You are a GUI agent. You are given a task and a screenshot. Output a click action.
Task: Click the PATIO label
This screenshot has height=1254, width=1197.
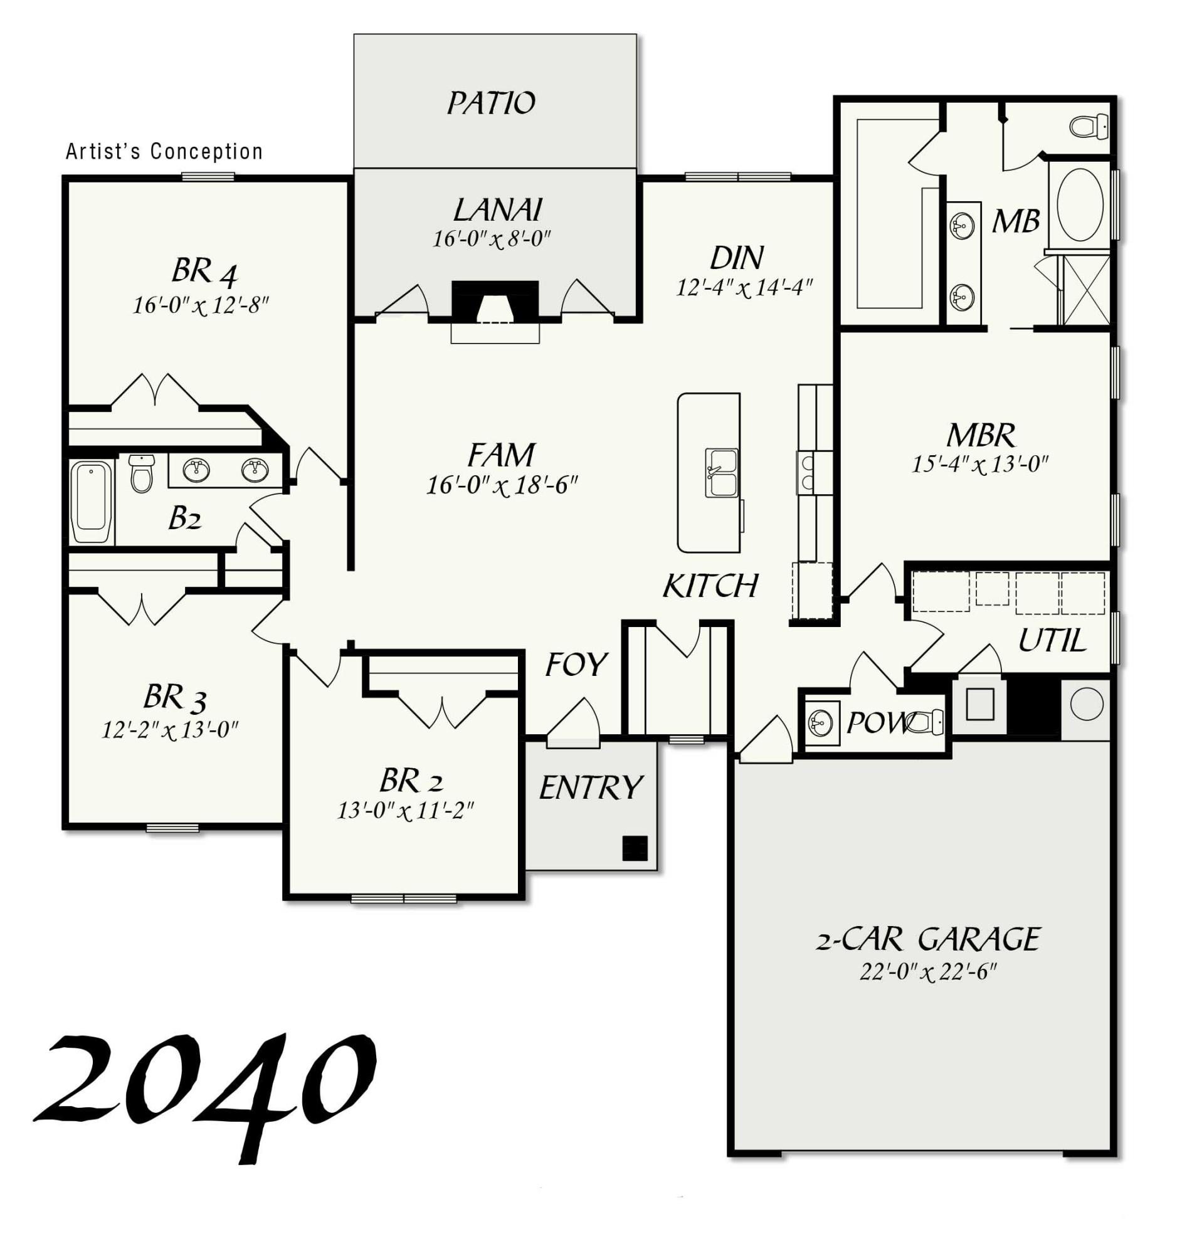pos(491,103)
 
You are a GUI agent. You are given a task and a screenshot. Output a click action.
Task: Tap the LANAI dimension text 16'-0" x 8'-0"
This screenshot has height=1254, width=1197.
pos(492,240)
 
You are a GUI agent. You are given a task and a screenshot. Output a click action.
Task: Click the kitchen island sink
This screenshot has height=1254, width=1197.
pos(722,473)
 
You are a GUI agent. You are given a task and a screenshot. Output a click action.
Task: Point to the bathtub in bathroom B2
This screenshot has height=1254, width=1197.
pos(92,502)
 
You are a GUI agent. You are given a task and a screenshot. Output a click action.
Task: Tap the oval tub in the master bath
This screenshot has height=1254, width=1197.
pos(1080,204)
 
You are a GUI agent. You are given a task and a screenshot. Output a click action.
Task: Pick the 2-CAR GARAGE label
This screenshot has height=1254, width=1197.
pos(929,939)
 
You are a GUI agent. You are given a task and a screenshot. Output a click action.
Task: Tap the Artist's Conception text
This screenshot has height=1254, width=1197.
pos(164,152)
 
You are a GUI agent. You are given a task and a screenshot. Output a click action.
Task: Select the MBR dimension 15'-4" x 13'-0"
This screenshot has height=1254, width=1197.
pos(980,464)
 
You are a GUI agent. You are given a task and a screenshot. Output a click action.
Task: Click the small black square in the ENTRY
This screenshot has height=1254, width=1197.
pos(635,848)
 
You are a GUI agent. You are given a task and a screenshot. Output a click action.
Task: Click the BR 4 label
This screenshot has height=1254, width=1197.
pos(204,271)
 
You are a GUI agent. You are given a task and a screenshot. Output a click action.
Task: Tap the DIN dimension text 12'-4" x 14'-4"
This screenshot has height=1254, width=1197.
pos(744,288)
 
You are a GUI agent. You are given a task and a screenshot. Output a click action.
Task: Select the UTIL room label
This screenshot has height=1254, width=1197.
pos(1052,641)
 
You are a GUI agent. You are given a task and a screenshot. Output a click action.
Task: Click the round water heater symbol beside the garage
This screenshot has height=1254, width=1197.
pos(1087,703)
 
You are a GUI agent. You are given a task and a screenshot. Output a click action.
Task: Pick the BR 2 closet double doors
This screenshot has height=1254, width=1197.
pos(443,710)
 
